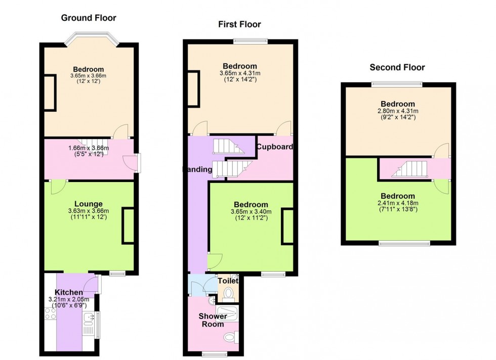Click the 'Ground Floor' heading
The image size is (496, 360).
[89, 18]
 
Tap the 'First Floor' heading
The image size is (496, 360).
[239, 24]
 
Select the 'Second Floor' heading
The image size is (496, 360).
[397, 67]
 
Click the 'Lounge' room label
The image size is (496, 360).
[89, 204]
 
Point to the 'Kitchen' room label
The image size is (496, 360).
[69, 293]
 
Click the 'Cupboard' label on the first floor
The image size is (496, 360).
[274, 147]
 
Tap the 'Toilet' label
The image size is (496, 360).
[228, 281]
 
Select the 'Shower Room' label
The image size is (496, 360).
[212, 320]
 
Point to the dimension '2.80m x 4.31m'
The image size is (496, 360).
[397, 111]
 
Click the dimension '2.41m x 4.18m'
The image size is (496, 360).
[397, 203]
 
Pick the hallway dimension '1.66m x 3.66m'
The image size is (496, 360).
[89, 148]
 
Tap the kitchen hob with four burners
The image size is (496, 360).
[50, 317]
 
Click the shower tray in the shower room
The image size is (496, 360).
[227, 313]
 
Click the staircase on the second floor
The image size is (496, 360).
[410, 168]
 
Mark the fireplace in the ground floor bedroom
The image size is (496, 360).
[50, 92]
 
